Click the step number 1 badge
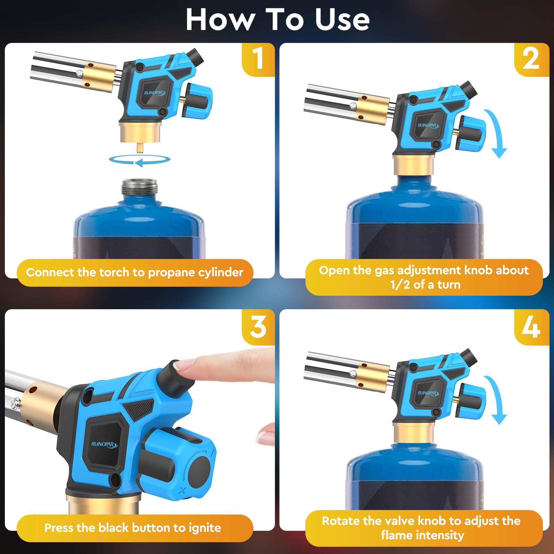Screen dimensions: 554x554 coord(258,59)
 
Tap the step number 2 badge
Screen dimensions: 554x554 coord(531,59)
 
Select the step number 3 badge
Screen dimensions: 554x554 coord(258,327)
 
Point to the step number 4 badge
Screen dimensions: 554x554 coord(531,327)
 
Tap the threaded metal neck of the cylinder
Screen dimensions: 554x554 coord(140,188)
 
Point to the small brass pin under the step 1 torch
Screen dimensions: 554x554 coord(140,148)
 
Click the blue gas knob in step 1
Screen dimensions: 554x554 coord(197,100)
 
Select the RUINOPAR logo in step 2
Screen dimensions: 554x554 coord(428,125)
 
